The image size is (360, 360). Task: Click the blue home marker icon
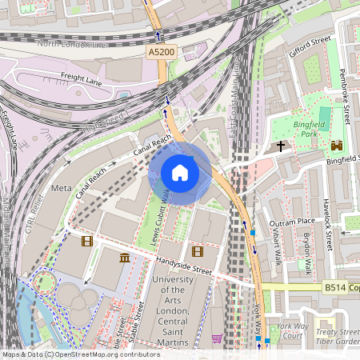coord(180,173)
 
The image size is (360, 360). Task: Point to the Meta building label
coord(61,188)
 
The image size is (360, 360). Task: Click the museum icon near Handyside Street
coord(125,258)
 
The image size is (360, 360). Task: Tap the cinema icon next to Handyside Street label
coord(198,251)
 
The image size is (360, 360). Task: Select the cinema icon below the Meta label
coord(86,240)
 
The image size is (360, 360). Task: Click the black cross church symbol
coord(281,146)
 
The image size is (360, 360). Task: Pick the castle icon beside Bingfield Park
coord(335,146)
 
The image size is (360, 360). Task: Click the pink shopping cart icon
coord(217,338)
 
